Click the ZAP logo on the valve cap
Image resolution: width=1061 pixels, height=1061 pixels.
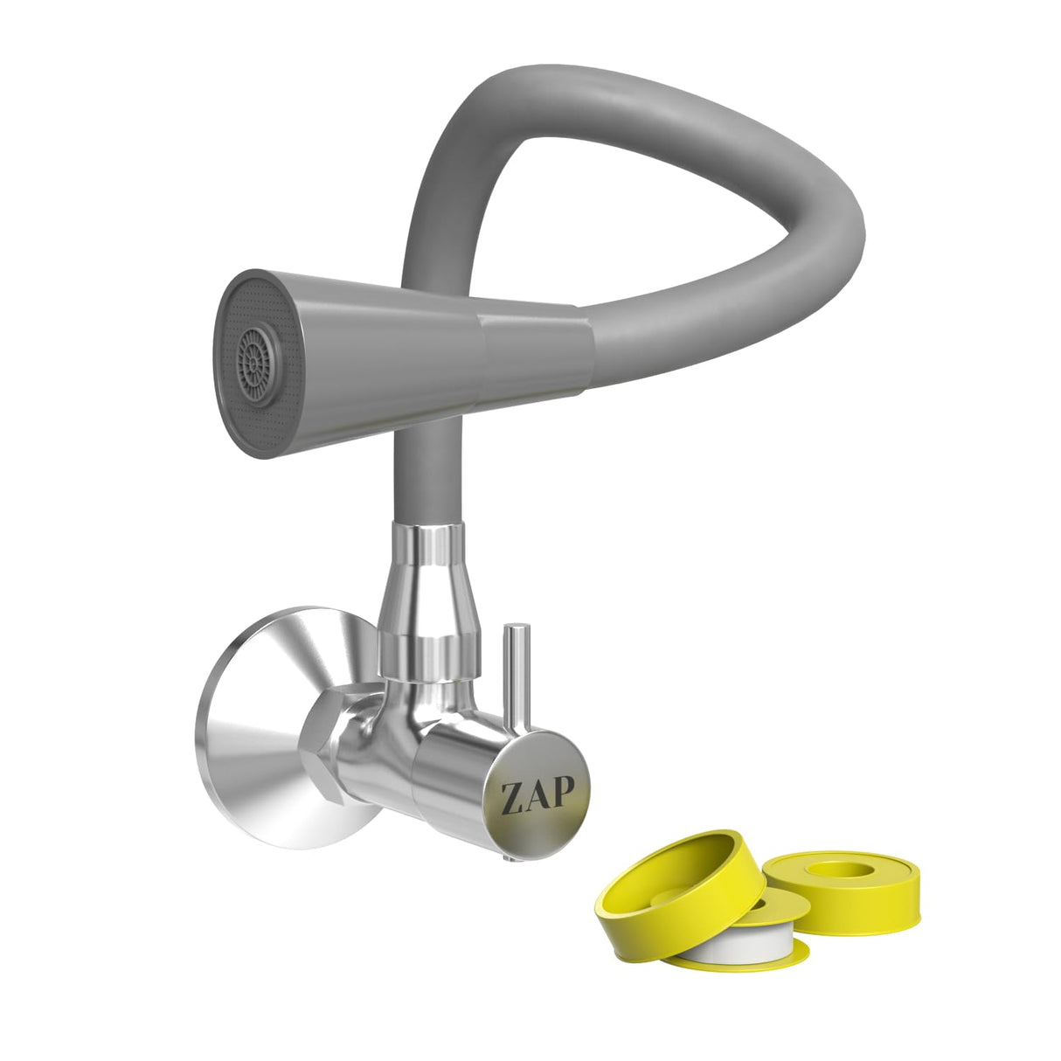(537, 796)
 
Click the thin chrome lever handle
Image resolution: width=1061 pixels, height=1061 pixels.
(517, 673)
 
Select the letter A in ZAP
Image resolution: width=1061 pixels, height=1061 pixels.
(537, 796)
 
